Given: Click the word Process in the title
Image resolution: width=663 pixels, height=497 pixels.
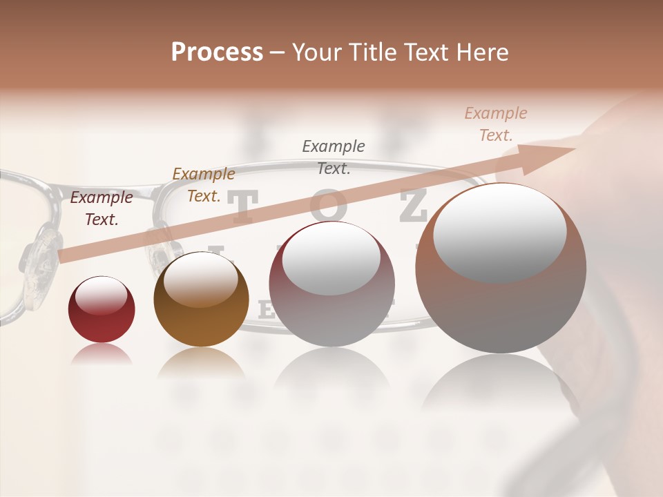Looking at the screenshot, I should [217, 52].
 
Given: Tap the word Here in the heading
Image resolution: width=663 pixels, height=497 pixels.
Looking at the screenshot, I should [483, 52].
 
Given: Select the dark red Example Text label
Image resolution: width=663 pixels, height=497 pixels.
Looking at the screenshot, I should [102, 208].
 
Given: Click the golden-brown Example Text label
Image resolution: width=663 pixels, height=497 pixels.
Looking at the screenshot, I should [203, 185].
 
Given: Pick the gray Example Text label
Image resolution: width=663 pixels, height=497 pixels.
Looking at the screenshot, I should [334, 157].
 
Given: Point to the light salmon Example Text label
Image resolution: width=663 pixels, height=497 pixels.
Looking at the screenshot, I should [495, 124].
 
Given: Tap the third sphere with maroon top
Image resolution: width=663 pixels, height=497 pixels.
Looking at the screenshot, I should [331, 284].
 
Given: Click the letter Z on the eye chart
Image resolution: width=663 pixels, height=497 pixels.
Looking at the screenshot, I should [413, 206].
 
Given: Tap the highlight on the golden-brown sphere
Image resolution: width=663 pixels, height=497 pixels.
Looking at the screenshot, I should [200, 280].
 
